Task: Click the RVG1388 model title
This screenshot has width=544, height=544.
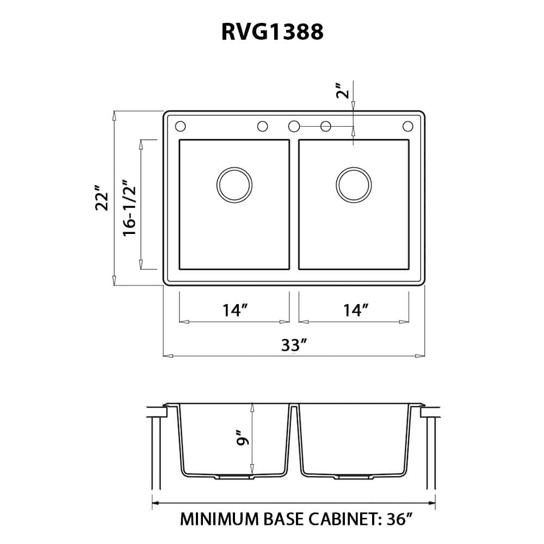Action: [272, 33]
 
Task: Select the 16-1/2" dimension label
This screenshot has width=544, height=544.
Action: [129, 207]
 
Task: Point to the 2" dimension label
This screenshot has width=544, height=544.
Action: [341, 91]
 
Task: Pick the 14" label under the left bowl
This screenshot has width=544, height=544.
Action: [235, 311]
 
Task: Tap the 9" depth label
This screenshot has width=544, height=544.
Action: [243, 439]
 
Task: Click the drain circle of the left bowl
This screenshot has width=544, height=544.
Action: [234, 184]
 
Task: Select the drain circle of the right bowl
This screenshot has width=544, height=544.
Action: [354, 184]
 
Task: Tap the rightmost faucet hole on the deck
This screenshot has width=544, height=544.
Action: [407, 126]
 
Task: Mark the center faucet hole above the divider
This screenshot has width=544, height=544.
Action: [294, 126]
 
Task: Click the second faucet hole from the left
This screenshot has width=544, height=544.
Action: [262, 126]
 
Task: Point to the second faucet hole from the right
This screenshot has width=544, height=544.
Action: [326, 126]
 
